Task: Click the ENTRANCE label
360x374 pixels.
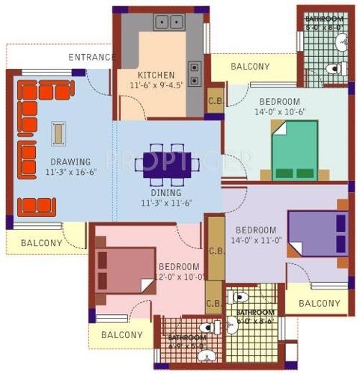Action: [92, 57]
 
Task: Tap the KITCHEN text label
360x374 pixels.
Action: [156, 75]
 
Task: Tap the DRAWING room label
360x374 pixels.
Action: [70, 162]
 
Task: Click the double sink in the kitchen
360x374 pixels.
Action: [169, 22]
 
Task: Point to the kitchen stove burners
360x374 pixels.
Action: [195, 72]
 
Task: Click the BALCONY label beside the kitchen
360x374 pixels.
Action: [250, 67]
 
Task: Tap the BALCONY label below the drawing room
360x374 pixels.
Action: [41, 242]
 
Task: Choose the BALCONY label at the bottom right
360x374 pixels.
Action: [320, 303]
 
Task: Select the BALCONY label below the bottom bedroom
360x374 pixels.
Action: [121, 335]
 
